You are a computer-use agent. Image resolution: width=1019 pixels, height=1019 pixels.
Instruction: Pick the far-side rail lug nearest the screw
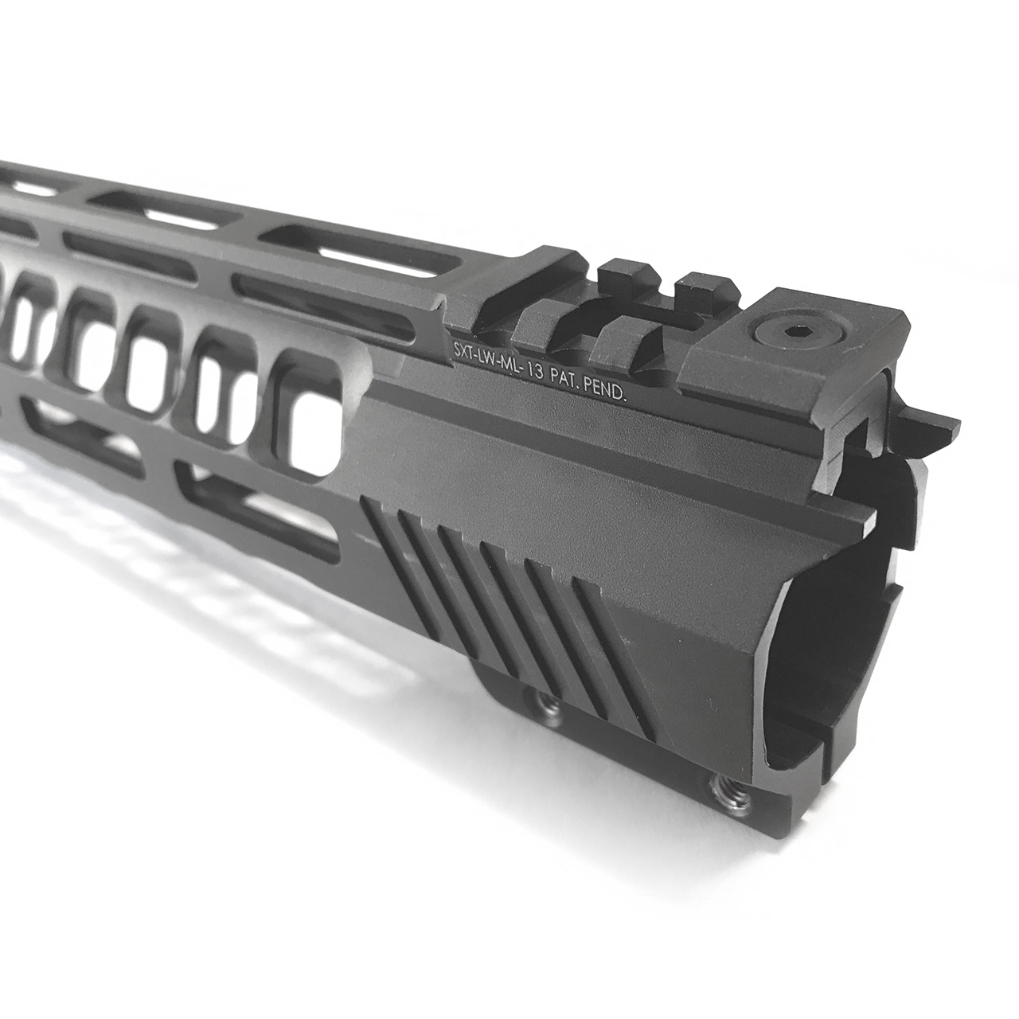(701, 287)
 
